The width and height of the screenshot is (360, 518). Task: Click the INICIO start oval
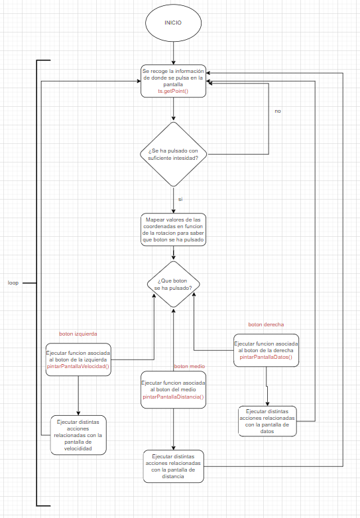click(174, 23)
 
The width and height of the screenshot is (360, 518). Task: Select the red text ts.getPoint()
click(173, 91)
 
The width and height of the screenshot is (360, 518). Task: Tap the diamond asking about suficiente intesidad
click(174, 155)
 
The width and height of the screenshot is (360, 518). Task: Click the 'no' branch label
click(277, 111)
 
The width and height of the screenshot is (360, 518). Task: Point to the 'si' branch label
click(180, 199)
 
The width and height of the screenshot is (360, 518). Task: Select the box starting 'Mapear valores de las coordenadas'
click(174, 229)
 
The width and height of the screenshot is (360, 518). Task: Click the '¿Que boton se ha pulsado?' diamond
click(174, 285)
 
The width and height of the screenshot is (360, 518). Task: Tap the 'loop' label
click(13, 283)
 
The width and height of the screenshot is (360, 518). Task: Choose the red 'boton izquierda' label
click(78, 334)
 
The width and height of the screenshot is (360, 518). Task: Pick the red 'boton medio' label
click(189, 366)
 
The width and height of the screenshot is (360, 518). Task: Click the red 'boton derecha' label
click(266, 324)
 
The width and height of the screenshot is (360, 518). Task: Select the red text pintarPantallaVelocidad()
click(78, 366)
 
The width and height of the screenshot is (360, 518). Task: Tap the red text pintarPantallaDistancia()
click(174, 397)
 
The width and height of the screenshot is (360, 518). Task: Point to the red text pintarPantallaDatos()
click(266, 357)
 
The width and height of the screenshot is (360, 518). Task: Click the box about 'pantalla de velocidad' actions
click(78, 435)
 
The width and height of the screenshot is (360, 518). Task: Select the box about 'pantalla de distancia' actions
click(174, 466)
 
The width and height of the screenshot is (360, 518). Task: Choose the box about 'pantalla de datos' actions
click(267, 421)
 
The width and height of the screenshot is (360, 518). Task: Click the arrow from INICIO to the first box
click(174, 53)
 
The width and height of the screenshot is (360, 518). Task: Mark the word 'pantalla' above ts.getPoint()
click(173, 85)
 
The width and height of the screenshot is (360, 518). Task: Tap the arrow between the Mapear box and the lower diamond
click(174, 253)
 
